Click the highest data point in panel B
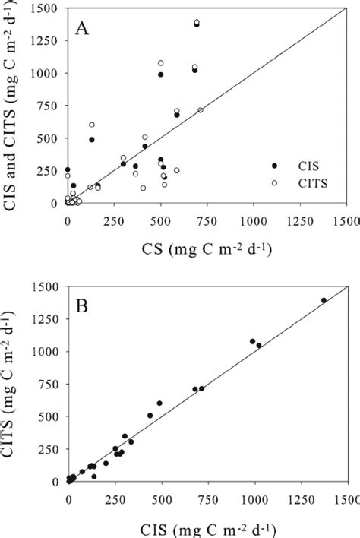click(324, 300)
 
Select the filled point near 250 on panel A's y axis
click(68, 170)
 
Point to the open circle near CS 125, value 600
click(92, 125)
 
